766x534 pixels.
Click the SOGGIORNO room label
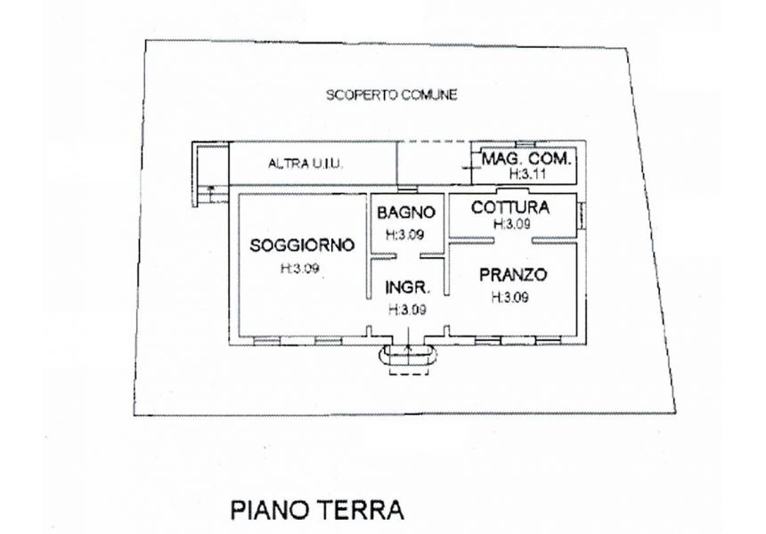tap(302, 245)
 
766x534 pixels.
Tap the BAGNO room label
tap(406, 213)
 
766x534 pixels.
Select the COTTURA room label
tap(510, 207)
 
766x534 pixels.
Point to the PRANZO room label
tap(512, 275)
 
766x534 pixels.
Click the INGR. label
tap(408, 287)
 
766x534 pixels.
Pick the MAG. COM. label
tap(526, 158)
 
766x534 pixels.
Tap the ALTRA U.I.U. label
tap(306, 164)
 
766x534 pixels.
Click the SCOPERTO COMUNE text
tap(392, 94)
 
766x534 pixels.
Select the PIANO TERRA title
tap(317, 510)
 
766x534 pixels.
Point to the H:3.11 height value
tap(527, 174)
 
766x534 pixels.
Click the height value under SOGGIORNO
tap(300, 269)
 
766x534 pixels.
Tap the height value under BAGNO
tap(405, 235)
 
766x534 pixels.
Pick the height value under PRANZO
tap(509, 297)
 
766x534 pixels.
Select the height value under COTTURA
tap(512, 224)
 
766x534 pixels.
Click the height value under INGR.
tap(407, 310)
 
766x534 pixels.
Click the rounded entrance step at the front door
tap(409, 355)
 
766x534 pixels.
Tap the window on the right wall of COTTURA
tap(582, 215)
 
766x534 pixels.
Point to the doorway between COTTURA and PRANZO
tap(513, 240)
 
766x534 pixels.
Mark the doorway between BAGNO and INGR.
tap(408, 255)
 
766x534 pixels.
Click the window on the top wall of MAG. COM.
tap(526, 143)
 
